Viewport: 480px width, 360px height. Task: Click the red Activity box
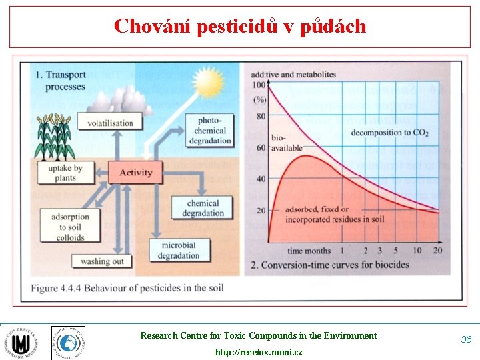click(x=135, y=173)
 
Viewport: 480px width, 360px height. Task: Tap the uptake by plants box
click(x=65, y=173)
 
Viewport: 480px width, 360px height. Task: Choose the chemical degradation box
click(x=203, y=208)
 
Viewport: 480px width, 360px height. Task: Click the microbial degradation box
click(x=179, y=251)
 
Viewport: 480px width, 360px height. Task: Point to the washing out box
click(x=102, y=261)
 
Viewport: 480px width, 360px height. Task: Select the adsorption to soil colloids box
click(x=70, y=227)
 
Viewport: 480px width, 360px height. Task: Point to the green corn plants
click(x=54, y=137)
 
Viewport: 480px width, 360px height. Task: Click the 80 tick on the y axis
click(x=260, y=116)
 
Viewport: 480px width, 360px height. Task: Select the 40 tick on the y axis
click(x=260, y=179)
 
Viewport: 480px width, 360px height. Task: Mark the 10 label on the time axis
click(x=417, y=251)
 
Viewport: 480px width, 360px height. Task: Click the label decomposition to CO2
click(x=390, y=133)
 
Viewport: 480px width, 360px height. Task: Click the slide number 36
click(x=466, y=339)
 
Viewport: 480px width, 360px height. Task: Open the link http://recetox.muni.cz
click(x=258, y=351)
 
